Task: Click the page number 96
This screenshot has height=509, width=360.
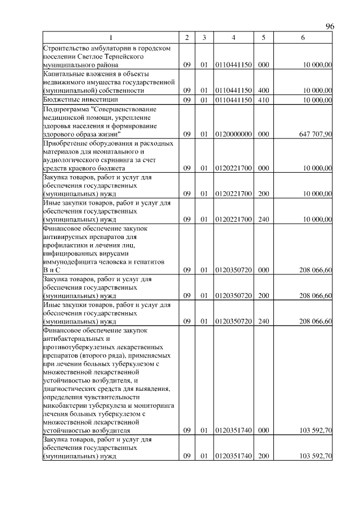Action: tap(330, 26)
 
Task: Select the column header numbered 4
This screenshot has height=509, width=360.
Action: tap(233, 37)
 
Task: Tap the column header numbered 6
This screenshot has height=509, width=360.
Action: tap(303, 37)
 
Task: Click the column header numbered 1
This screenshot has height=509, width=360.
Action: tap(111, 37)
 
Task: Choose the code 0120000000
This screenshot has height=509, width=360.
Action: tap(233, 134)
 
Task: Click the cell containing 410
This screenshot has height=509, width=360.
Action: tap(262, 100)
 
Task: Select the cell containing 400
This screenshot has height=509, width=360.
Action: tap(262, 90)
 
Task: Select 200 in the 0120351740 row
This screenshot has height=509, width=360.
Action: tap(262, 456)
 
